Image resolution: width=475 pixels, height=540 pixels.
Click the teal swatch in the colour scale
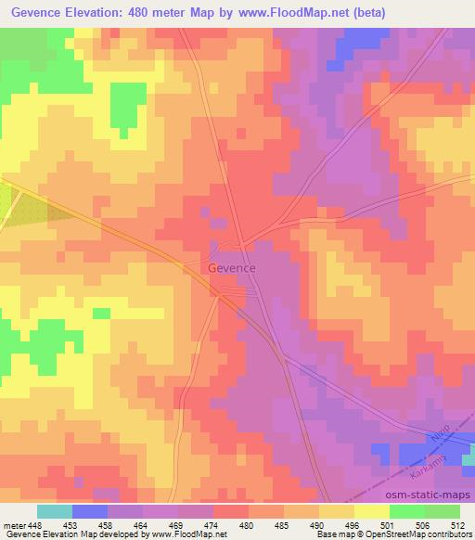pyautogui.click(x=55, y=511)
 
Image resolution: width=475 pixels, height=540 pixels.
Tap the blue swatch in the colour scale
pyautogui.click(x=91, y=511)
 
